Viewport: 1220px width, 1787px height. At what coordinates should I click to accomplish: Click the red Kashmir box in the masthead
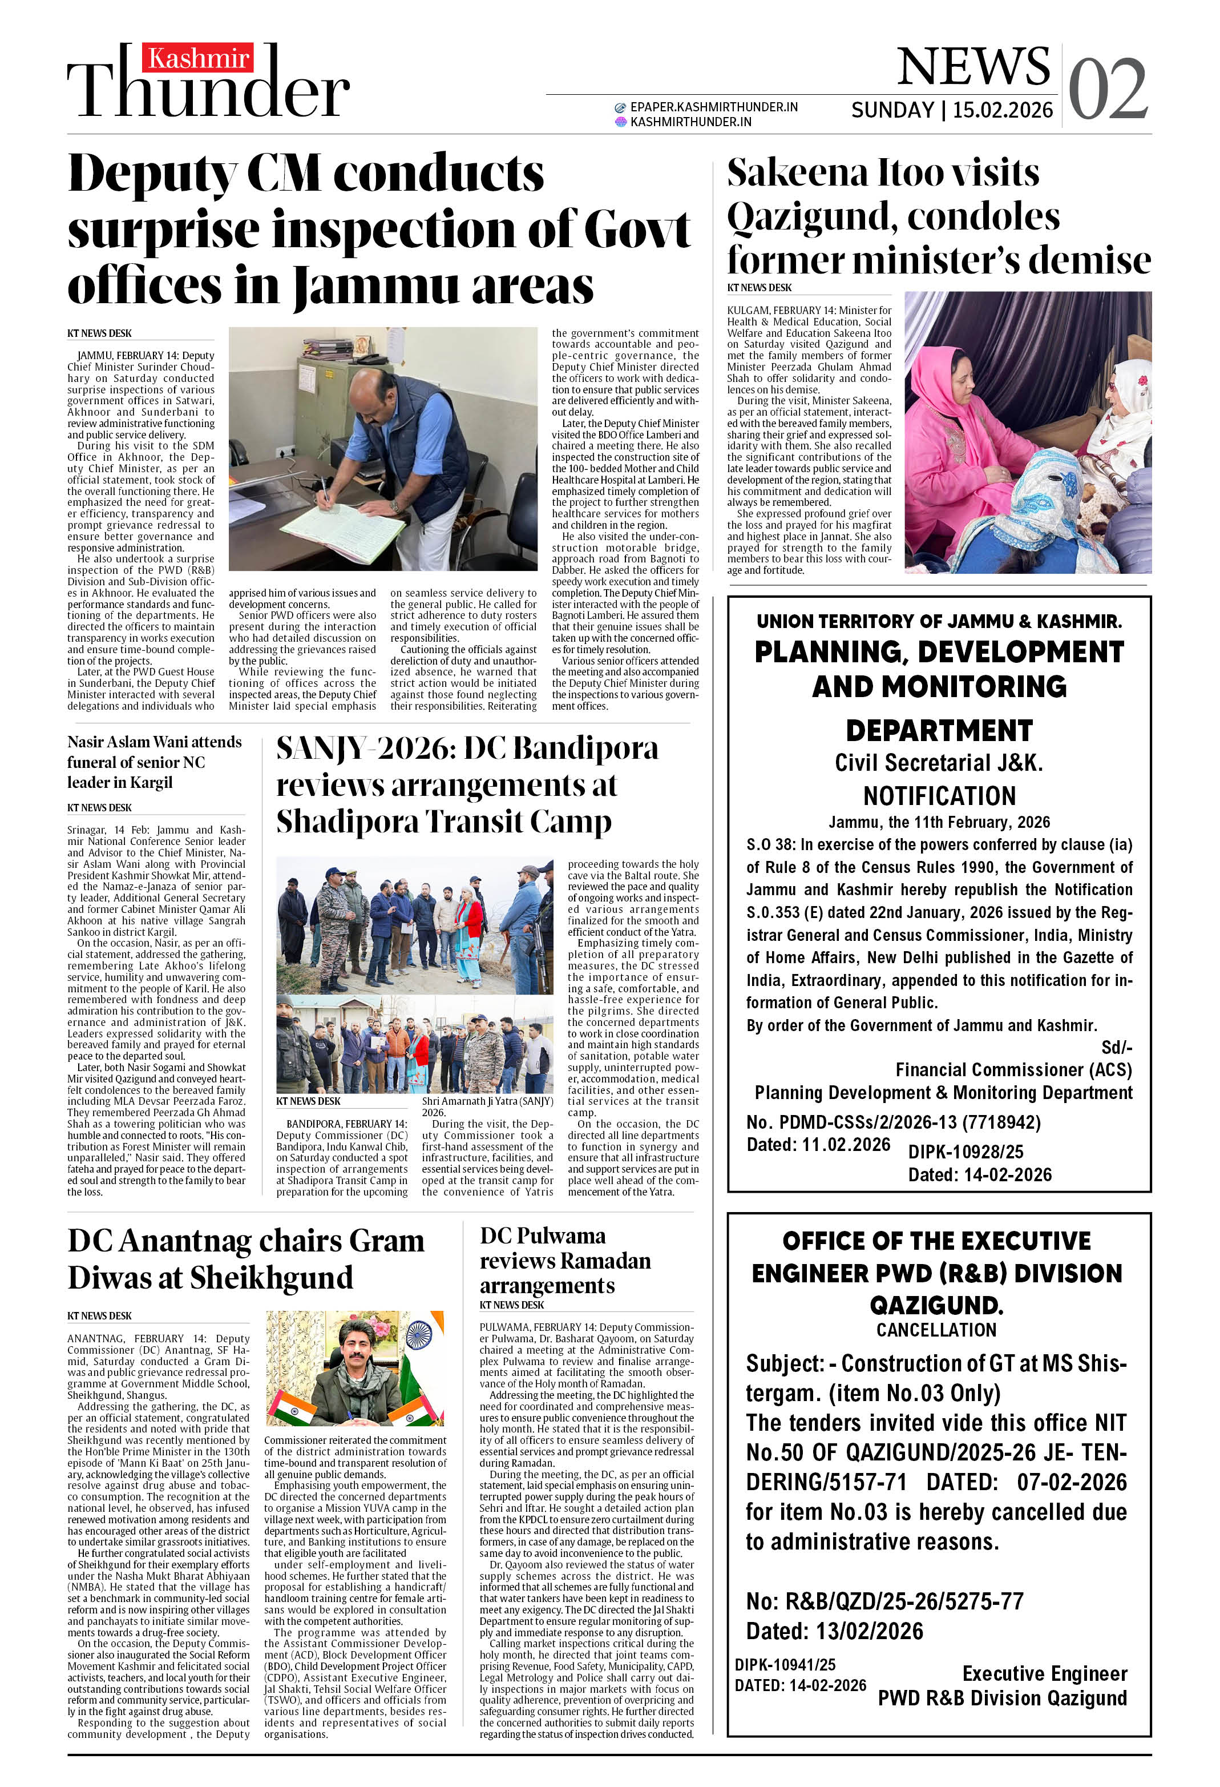pos(197,58)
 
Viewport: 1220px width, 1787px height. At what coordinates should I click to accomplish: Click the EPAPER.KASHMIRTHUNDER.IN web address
pos(713,107)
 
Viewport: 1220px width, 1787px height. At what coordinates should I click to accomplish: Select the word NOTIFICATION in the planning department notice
pos(939,795)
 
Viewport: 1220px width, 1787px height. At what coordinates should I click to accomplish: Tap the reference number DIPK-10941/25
pos(784,1664)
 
